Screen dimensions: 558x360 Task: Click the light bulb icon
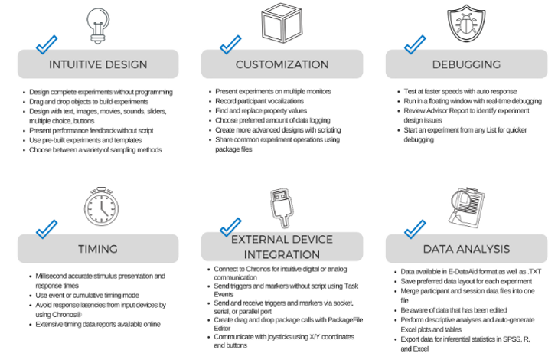tap(98, 26)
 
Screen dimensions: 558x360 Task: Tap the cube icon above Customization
tap(282, 23)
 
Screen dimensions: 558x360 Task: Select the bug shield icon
tap(466, 23)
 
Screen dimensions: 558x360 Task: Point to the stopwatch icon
tap(102, 206)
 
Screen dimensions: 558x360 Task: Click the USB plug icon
tap(282, 208)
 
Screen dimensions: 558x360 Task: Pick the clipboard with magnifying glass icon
tap(467, 208)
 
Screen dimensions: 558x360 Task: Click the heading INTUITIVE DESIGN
tap(98, 64)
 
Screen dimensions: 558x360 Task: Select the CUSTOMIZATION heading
tap(282, 64)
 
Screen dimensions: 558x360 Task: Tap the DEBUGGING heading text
tap(466, 64)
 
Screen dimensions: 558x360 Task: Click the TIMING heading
tap(98, 249)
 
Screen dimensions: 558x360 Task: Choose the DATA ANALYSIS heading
tap(466, 249)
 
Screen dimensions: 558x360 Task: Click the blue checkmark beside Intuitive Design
tap(47, 44)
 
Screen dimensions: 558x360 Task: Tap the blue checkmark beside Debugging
tap(415, 44)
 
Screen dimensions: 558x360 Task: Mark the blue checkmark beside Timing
tap(47, 229)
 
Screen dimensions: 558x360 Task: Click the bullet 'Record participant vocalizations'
tap(259, 101)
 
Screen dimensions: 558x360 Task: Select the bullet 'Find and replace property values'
tap(261, 111)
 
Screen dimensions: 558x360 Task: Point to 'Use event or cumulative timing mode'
tap(87, 295)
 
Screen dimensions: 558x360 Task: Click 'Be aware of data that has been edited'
tap(454, 310)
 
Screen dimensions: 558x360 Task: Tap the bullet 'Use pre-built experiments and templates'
tap(86, 140)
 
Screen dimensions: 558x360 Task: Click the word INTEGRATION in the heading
tap(282, 254)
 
